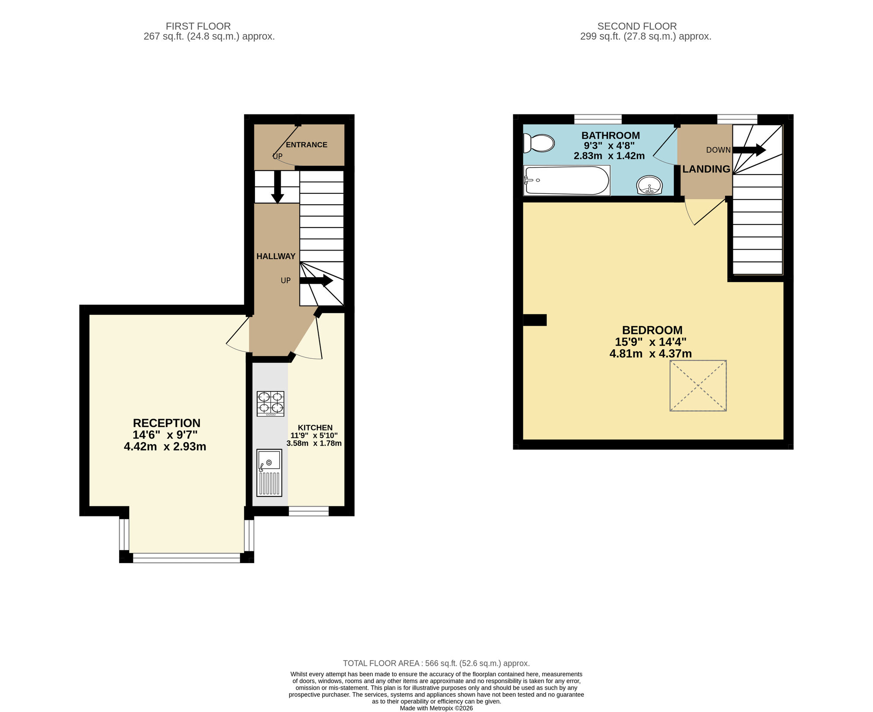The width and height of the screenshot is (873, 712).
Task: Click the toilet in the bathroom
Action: tap(539, 143)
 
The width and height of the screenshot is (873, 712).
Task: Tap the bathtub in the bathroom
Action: tap(567, 180)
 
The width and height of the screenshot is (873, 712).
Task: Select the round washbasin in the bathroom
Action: tap(650, 185)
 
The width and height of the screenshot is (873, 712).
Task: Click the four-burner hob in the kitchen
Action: tap(271, 403)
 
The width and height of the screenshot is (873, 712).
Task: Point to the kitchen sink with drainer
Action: tap(269, 473)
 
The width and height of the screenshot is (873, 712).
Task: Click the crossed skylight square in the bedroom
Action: tap(698, 385)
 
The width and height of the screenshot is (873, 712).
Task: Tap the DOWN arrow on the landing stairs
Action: tap(749, 150)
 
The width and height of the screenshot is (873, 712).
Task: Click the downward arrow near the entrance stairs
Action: tap(277, 187)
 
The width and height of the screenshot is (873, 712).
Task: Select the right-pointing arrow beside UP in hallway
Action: tap(316, 280)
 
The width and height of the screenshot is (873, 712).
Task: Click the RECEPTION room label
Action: tap(166, 423)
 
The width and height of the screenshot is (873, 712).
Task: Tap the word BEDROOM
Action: tap(652, 330)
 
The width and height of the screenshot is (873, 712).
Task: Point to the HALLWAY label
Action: tap(275, 256)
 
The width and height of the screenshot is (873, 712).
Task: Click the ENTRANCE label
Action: tap(306, 144)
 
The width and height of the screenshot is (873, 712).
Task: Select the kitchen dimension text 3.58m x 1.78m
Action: tap(314, 444)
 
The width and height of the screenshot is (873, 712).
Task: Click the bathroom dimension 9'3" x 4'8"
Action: tap(609, 145)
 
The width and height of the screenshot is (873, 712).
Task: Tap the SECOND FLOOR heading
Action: tap(636, 26)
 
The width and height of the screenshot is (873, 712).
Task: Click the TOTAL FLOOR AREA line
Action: tap(436, 663)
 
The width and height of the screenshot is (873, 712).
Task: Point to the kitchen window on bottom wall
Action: tap(309, 511)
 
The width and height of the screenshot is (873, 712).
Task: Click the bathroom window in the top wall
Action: tap(598, 119)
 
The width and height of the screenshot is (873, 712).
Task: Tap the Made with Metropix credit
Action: tap(436, 708)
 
